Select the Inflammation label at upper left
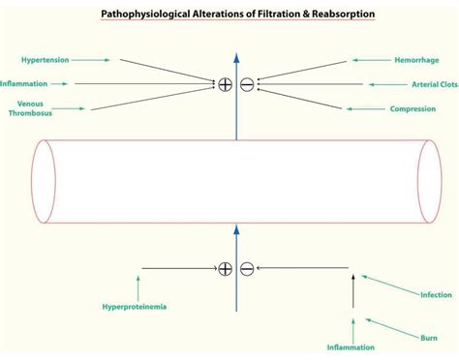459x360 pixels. [23, 83]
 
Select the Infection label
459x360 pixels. [435, 294]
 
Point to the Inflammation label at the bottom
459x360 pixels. [351, 346]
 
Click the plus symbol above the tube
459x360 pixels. [225, 84]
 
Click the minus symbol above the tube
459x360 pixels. [247, 84]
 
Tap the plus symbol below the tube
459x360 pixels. [225, 268]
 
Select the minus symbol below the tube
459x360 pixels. [247, 268]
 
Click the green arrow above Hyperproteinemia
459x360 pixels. [138, 286]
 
